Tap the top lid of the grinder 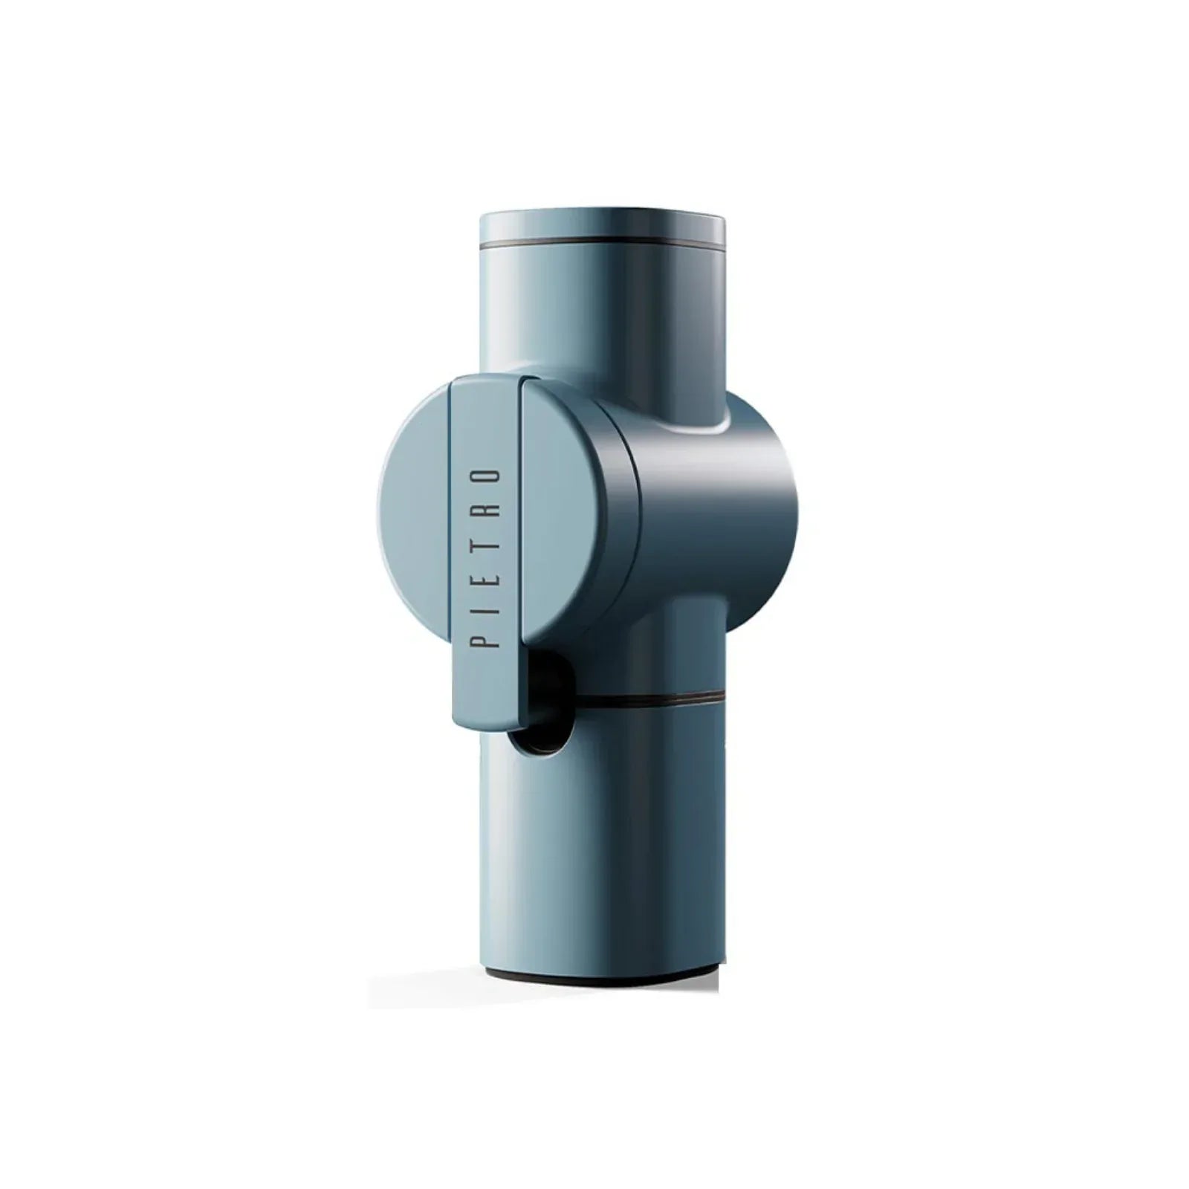click(603, 227)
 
